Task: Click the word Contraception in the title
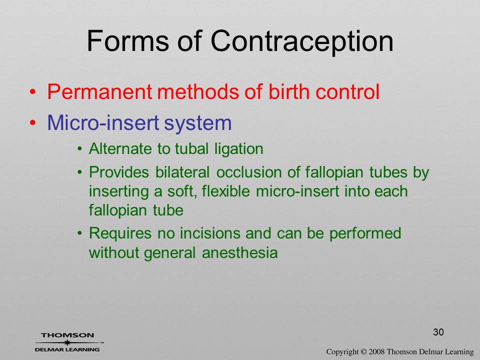point(302,41)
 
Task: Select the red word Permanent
point(100,91)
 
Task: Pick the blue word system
point(197,123)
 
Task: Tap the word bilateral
point(182,172)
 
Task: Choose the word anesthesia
point(239,253)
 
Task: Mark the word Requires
point(120,234)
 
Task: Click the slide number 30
point(438,332)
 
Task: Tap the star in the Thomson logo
point(66,342)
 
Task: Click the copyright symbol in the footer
point(363,351)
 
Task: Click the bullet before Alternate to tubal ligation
point(79,149)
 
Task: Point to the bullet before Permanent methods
point(32,91)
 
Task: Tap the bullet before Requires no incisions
point(79,233)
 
